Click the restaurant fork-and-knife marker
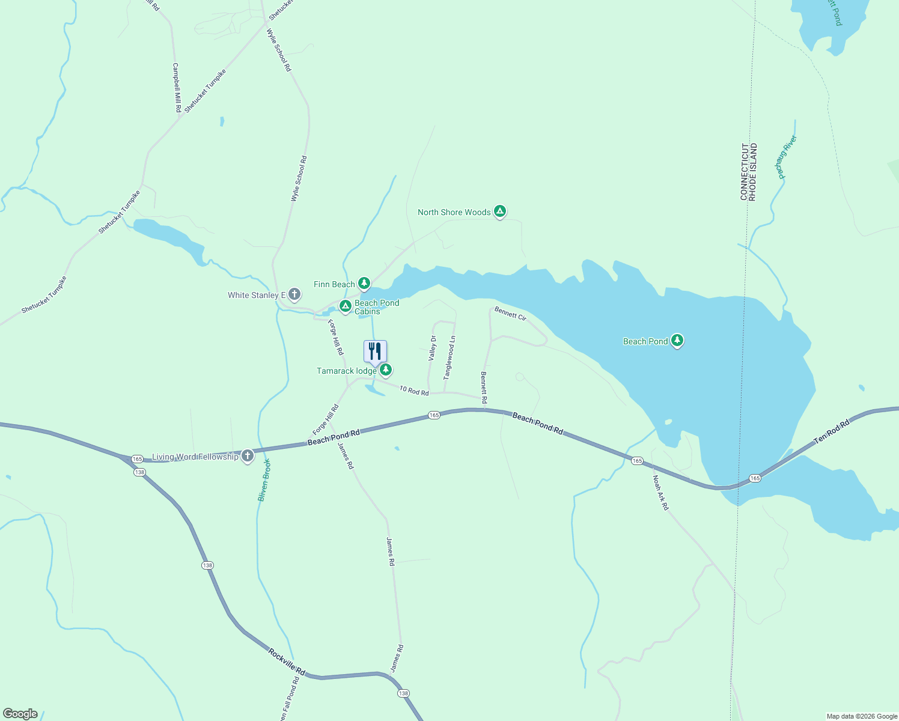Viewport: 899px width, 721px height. (375, 351)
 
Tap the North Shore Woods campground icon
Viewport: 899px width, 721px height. (499, 211)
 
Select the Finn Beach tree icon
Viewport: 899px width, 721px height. (364, 283)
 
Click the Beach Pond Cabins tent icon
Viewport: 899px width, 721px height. (345, 306)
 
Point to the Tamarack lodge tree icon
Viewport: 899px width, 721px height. (386, 370)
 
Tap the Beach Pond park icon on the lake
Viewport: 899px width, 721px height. (677, 341)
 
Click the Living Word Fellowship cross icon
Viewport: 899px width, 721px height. (247, 456)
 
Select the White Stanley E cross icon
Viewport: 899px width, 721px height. (294, 294)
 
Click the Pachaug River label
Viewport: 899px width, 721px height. (787, 157)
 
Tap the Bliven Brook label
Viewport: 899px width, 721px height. (264, 479)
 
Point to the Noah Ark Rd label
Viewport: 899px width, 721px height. (660, 493)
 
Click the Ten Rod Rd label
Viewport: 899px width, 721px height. (832, 432)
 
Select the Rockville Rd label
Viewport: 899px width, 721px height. (287, 662)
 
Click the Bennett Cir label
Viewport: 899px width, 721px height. (510, 313)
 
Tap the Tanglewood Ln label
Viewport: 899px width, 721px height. (449, 357)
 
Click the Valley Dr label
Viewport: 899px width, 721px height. (432, 348)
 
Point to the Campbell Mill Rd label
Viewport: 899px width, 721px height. (177, 88)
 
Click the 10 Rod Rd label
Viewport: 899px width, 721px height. (414, 391)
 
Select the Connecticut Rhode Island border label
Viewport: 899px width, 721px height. (749, 172)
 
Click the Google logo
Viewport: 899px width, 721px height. (20, 714)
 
